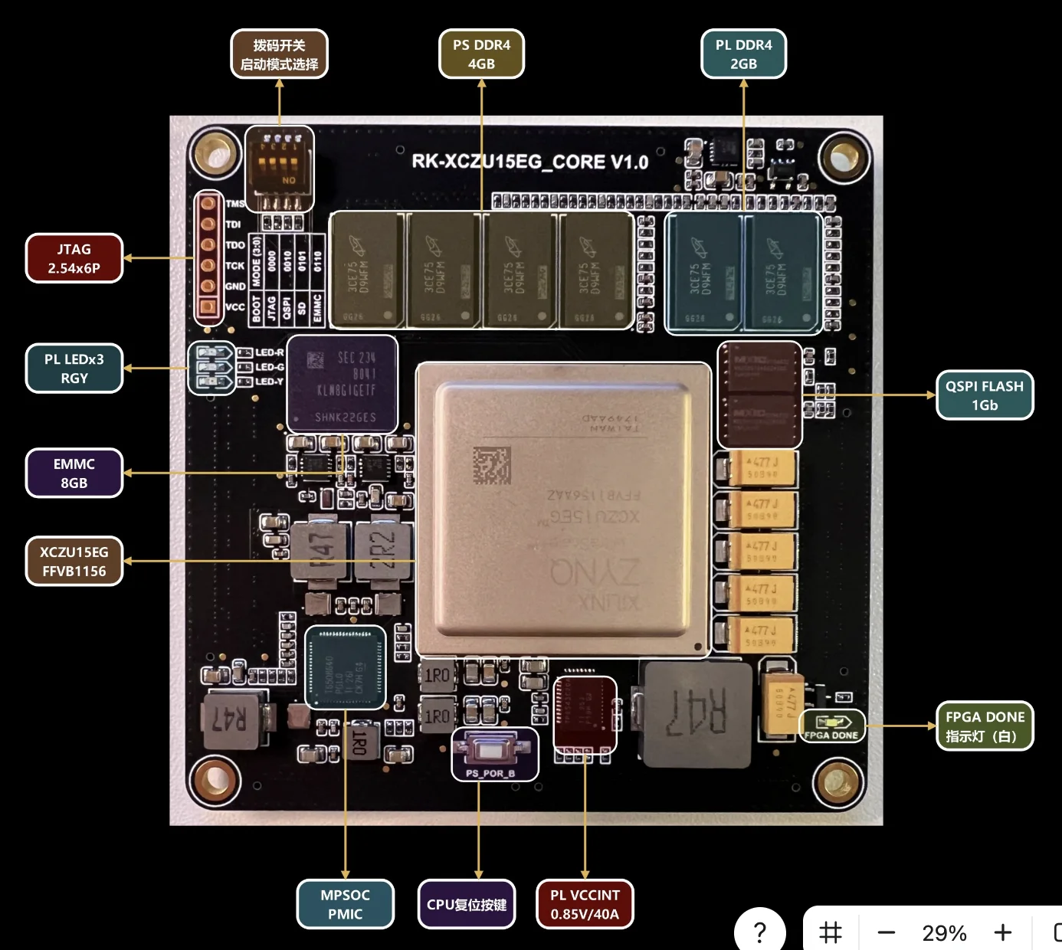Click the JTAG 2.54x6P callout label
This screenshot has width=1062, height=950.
(x=74, y=258)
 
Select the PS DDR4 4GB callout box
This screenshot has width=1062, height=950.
(x=481, y=54)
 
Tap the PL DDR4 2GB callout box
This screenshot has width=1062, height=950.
(x=743, y=54)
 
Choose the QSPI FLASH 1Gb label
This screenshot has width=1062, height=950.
(x=985, y=395)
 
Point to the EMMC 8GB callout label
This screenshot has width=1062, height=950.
(x=74, y=473)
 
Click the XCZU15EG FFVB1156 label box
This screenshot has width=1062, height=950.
(x=74, y=561)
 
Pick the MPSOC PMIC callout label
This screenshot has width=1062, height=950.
(x=345, y=904)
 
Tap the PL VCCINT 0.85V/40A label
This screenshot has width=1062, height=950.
(x=585, y=904)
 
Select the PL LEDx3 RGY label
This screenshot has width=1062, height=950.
(x=74, y=369)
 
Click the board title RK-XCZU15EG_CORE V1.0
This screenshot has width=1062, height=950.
(x=529, y=162)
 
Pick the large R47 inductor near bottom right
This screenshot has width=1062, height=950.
(x=697, y=713)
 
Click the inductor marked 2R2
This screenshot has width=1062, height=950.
(x=383, y=551)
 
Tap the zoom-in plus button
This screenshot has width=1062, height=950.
(x=1002, y=932)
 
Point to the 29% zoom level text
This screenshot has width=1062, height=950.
(x=944, y=932)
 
